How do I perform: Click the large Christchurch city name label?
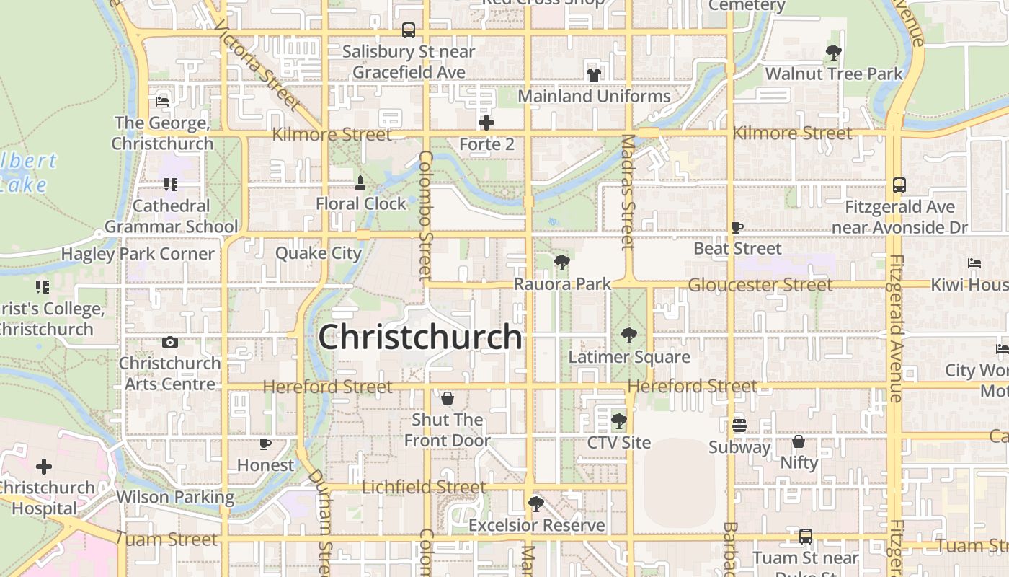(420, 337)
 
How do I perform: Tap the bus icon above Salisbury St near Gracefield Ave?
(409, 30)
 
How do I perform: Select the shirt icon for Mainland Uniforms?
(594, 74)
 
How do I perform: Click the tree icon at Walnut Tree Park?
(834, 52)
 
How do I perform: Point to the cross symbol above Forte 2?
(486, 123)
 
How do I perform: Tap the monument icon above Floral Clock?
(360, 182)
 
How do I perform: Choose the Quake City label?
(318, 253)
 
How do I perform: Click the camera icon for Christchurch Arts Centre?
(170, 342)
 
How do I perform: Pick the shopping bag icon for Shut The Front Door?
(447, 398)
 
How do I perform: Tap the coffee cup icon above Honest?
(265, 444)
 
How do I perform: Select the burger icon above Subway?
(739, 425)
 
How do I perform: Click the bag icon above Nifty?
(799, 441)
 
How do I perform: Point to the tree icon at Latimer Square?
(629, 335)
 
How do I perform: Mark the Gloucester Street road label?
(760, 285)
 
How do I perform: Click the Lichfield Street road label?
(424, 488)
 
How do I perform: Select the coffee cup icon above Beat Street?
(737, 227)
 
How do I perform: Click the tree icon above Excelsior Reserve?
(535, 503)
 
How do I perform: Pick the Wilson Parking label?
(175, 497)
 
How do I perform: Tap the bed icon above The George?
(162, 102)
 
